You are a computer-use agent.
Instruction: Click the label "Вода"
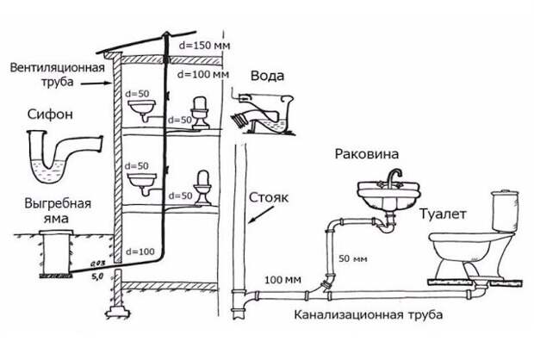tap(267, 75)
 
